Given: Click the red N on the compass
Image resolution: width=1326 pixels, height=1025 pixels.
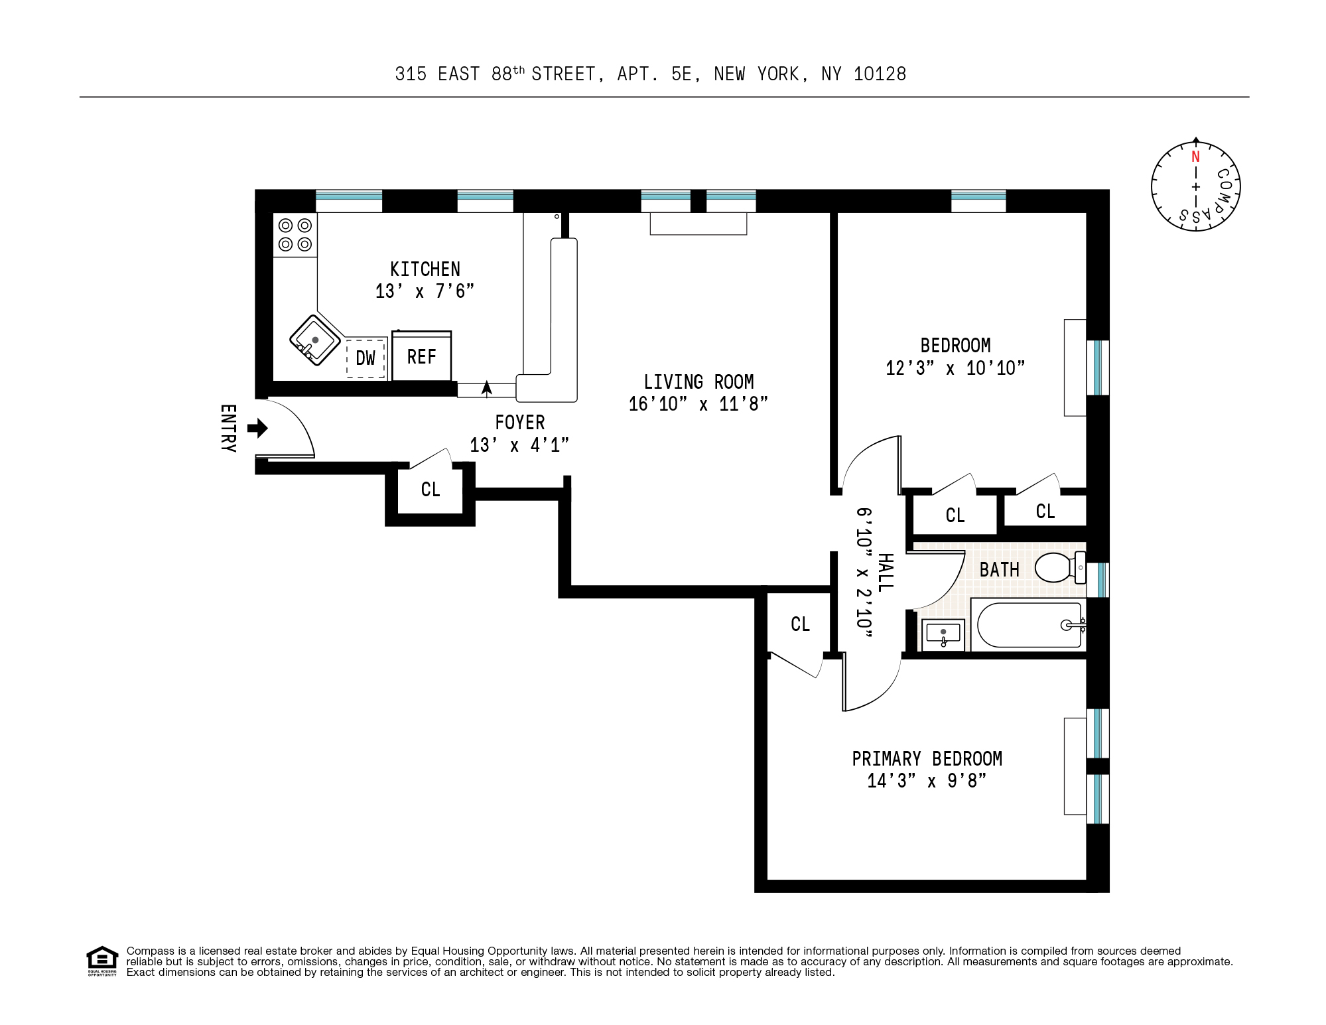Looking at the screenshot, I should pos(1195,157).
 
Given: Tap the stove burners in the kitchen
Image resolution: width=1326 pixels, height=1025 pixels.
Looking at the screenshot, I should pos(295,235).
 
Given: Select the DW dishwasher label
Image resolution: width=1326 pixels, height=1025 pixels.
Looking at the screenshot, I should pos(365,359).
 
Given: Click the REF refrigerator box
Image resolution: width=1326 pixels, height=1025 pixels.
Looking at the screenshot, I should pos(421,357).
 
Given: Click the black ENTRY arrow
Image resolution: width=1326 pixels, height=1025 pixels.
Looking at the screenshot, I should pos(257,428).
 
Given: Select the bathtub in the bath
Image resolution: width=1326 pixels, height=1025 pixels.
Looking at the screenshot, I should pos(1028,624).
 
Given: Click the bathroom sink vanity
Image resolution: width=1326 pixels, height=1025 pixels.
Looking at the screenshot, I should pos(943,634).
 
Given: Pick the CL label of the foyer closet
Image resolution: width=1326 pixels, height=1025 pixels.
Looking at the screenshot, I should pos(431,490).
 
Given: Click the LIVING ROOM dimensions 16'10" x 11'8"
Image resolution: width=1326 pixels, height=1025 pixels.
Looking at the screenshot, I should pos(698,404).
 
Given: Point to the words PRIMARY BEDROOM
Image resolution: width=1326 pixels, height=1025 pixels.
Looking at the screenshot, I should pos(927,758).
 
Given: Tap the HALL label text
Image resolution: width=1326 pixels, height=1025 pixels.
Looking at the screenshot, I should pos(885,572).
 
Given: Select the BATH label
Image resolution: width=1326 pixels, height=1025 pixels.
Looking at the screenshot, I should pos(999,570).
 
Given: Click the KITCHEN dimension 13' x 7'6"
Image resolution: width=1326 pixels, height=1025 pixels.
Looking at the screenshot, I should pos(425,291).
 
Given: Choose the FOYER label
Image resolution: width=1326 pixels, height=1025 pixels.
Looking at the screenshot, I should pos(519,423).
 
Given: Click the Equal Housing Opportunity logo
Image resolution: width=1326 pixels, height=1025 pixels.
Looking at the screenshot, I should pos(102,961).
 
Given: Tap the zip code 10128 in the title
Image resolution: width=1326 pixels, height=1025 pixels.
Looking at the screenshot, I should pos(880,74).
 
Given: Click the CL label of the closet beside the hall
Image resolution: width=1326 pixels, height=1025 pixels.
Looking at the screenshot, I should pos(800,624).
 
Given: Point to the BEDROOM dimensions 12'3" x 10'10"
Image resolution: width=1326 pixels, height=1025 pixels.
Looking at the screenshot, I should pos(955,368).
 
